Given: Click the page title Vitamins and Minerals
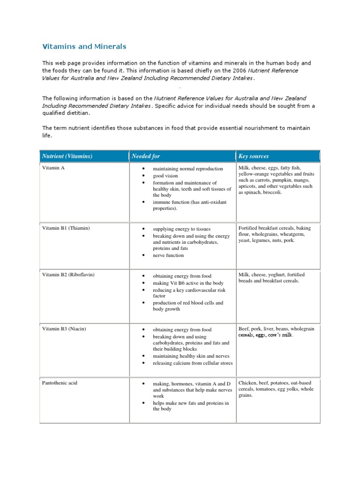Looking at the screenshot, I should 84,47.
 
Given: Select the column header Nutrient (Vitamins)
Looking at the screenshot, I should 67,156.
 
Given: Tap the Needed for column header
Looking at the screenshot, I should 146,156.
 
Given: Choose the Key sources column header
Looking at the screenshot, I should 254,156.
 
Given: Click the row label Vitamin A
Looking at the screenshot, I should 53,168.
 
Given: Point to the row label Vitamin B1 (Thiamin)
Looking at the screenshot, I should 66,228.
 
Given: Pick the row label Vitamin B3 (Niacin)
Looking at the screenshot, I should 64,329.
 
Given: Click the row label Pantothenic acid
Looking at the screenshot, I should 60,383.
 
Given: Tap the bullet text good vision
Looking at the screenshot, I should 165,176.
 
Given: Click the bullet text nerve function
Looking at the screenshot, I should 168,255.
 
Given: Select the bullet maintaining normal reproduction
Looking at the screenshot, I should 187,169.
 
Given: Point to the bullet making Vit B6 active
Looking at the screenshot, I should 181,283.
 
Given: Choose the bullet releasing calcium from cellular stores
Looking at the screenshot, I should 192,363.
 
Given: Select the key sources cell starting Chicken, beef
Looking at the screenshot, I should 276,389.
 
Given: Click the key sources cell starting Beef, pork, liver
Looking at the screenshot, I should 276,332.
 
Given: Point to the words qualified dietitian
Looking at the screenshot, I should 66,113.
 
